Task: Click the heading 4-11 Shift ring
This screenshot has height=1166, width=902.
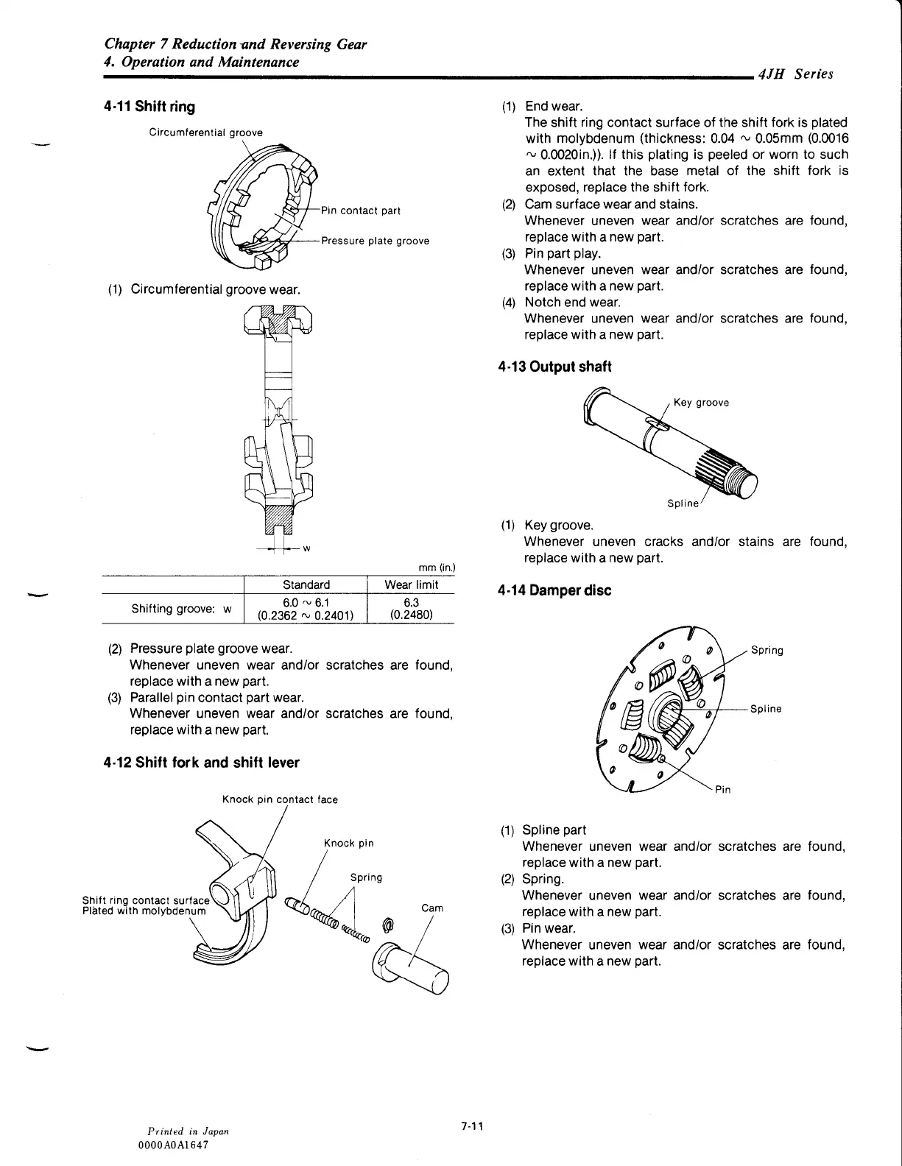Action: pyautogui.click(x=149, y=107)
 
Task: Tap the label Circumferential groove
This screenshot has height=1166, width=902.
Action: pyautogui.click(x=205, y=132)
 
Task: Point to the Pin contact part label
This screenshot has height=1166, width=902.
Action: pyautogui.click(x=361, y=211)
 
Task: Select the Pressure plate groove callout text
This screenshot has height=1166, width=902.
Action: pyautogui.click(x=375, y=241)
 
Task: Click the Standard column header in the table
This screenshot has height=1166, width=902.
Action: pyautogui.click(x=306, y=585)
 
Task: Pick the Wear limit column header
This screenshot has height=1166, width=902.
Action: pyautogui.click(x=411, y=585)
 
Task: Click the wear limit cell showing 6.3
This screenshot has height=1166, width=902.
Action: pyautogui.click(x=411, y=608)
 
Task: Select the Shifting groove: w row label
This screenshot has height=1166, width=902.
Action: pyautogui.click(x=181, y=609)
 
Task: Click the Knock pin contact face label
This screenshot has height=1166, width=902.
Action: pyautogui.click(x=280, y=799)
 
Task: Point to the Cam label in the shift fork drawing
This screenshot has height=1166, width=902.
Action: pyautogui.click(x=432, y=908)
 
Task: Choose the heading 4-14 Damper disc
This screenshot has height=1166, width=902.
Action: pyautogui.click(x=554, y=590)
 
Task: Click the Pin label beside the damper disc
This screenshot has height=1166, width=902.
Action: pyautogui.click(x=723, y=790)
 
